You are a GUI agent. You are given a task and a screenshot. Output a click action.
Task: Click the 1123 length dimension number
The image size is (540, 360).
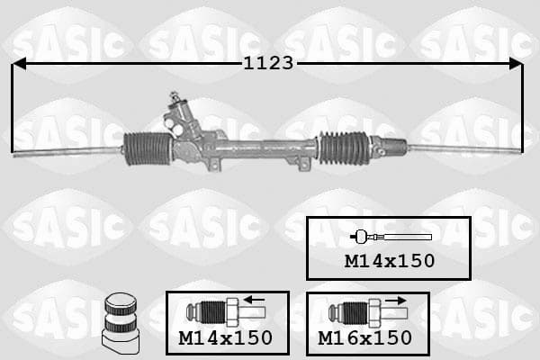[268, 63]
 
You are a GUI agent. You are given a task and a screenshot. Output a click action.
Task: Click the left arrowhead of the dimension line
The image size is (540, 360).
[19, 64]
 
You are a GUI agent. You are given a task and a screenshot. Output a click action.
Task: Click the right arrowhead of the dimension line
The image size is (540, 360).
[516, 64]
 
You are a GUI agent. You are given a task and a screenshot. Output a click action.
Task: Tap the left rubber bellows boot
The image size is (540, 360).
[148, 148]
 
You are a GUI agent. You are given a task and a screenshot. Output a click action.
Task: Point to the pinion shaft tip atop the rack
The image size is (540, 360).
[174, 95]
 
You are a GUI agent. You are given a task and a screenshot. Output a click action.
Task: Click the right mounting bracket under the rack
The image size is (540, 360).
[303, 164]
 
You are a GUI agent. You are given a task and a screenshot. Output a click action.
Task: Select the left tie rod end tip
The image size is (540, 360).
[14, 155]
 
